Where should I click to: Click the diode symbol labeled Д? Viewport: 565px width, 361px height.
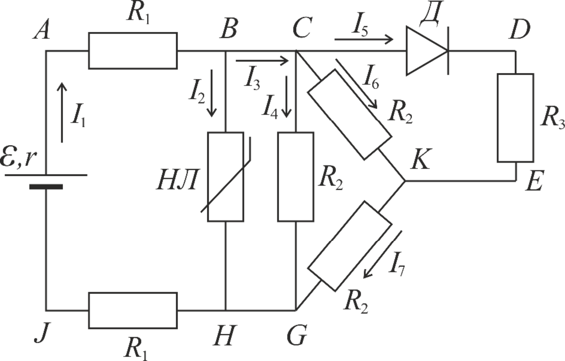(x=427, y=51)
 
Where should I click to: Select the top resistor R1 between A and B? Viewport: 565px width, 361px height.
(x=133, y=51)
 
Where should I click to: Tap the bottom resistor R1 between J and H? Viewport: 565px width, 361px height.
(x=133, y=310)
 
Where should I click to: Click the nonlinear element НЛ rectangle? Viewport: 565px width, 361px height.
(x=226, y=177)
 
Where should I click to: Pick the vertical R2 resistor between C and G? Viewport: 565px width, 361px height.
(x=295, y=177)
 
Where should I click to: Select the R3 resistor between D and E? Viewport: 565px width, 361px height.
(x=515, y=118)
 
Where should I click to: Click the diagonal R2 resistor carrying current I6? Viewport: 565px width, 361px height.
(x=349, y=114)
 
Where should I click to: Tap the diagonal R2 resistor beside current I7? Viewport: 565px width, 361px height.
(x=349, y=246)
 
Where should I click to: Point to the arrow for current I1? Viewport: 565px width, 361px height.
(x=62, y=112)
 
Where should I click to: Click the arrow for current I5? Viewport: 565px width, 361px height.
(x=364, y=39)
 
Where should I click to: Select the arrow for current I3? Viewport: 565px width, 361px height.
(x=262, y=61)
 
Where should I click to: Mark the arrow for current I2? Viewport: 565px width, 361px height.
(x=212, y=93)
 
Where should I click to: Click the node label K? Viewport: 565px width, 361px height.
(x=420, y=159)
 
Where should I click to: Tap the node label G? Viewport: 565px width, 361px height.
(x=297, y=335)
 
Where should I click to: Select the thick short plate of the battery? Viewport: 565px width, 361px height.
(x=46, y=187)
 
